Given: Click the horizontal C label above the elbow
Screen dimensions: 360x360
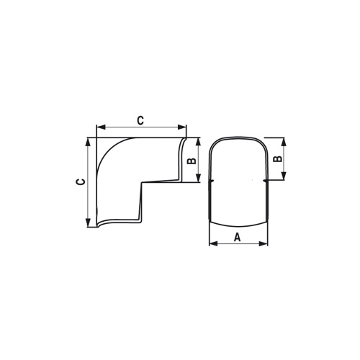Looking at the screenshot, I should tap(140, 120).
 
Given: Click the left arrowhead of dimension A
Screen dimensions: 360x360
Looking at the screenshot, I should tap(212, 243).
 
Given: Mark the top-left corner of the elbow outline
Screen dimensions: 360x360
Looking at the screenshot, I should tap(96, 138).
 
